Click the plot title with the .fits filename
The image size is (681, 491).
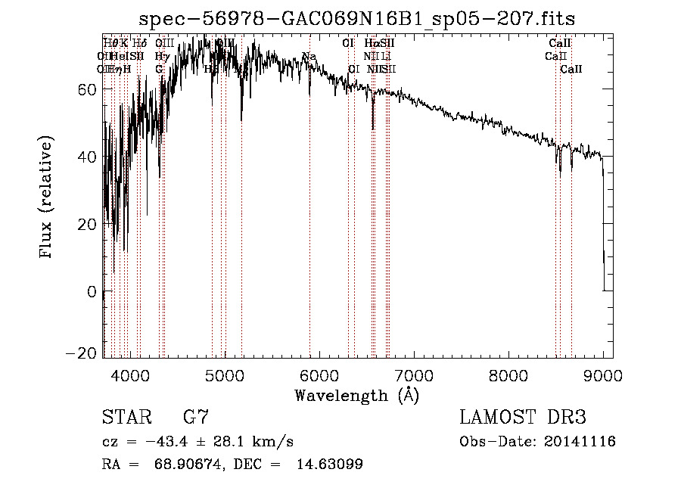click(363, 19)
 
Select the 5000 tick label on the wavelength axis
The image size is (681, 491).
click(225, 374)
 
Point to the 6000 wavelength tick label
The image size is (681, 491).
click(319, 374)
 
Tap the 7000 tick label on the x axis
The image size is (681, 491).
click(414, 374)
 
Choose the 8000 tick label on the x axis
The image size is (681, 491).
click(508, 374)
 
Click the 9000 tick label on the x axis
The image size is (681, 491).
click(603, 374)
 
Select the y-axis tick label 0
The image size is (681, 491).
click(91, 292)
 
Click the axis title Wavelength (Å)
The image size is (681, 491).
click(356, 395)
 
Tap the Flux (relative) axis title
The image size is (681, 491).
click(47, 198)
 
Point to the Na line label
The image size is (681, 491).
click(309, 57)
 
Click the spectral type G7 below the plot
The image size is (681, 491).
click(195, 418)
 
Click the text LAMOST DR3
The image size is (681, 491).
click(523, 418)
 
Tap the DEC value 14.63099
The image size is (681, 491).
click(330, 465)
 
